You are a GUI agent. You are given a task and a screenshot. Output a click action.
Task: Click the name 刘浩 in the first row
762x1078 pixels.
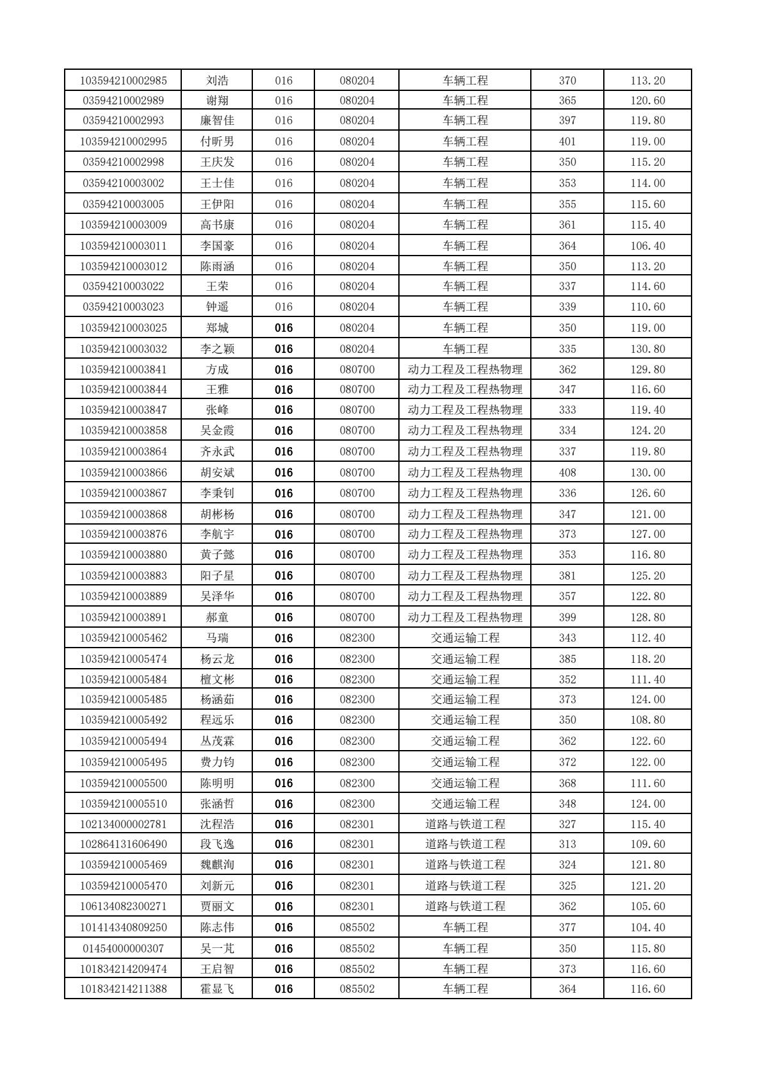tap(217, 81)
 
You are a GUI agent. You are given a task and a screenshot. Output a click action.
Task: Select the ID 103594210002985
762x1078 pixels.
tap(124, 81)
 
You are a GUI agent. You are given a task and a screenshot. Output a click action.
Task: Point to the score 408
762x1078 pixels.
tap(567, 473)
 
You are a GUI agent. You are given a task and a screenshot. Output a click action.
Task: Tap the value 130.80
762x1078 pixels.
tap(647, 349)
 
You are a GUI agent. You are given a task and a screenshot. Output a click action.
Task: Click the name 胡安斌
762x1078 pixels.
tap(217, 473)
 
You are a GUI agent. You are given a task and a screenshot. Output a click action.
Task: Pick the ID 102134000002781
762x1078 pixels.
tap(124, 824)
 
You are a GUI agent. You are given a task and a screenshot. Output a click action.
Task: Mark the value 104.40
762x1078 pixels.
tap(647, 927)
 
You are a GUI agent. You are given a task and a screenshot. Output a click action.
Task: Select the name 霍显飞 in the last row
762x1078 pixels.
tap(217, 989)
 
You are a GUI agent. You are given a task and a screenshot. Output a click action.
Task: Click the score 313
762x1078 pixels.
tap(567, 844)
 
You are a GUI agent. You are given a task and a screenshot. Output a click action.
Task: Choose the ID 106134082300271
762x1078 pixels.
tap(124, 906)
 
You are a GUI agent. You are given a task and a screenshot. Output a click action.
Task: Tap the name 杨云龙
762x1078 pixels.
tap(217, 659)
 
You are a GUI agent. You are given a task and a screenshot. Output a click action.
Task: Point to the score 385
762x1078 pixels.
tap(567, 659)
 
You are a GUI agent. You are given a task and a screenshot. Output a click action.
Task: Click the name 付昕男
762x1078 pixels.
tap(217, 142)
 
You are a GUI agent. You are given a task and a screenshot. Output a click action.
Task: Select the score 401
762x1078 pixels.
tap(567, 142)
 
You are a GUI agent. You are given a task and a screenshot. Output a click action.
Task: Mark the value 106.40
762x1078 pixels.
tap(647, 246)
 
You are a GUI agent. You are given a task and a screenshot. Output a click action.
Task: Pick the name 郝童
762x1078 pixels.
tap(217, 617)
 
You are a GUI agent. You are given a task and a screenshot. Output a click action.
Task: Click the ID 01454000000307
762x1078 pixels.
tap(124, 949)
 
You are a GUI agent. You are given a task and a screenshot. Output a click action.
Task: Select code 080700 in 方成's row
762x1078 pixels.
tap(357, 370)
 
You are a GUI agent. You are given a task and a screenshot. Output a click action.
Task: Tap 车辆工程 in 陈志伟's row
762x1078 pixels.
tap(465, 927)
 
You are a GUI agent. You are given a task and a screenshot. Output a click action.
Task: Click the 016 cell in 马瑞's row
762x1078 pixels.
tap(284, 638)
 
